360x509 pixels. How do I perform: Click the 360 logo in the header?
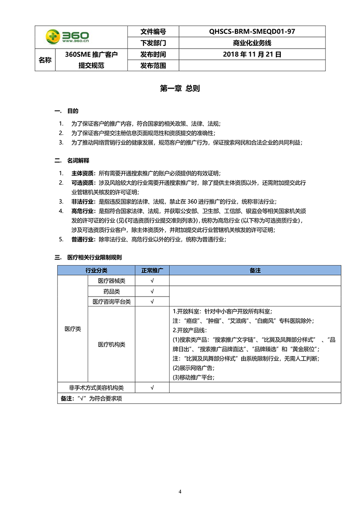pos(67,37)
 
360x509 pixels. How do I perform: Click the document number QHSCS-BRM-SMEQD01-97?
pos(252,32)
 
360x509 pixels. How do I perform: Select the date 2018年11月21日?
pos(252,54)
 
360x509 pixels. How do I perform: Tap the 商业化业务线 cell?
pos(252,43)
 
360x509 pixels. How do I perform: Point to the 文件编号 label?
pos(153,32)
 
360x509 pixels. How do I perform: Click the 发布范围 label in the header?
pos(153,66)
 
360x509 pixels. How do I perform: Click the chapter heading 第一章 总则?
pos(180,89)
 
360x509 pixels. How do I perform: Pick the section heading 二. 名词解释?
pos(72,160)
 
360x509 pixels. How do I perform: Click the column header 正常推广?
pos(152,270)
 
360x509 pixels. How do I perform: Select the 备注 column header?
pos(255,270)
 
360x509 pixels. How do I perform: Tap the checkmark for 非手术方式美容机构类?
pos(152,387)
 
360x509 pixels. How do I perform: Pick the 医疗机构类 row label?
pos(112,345)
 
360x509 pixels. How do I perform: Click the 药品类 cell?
pos(112,291)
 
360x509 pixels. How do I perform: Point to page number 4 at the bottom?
pos(180,491)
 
